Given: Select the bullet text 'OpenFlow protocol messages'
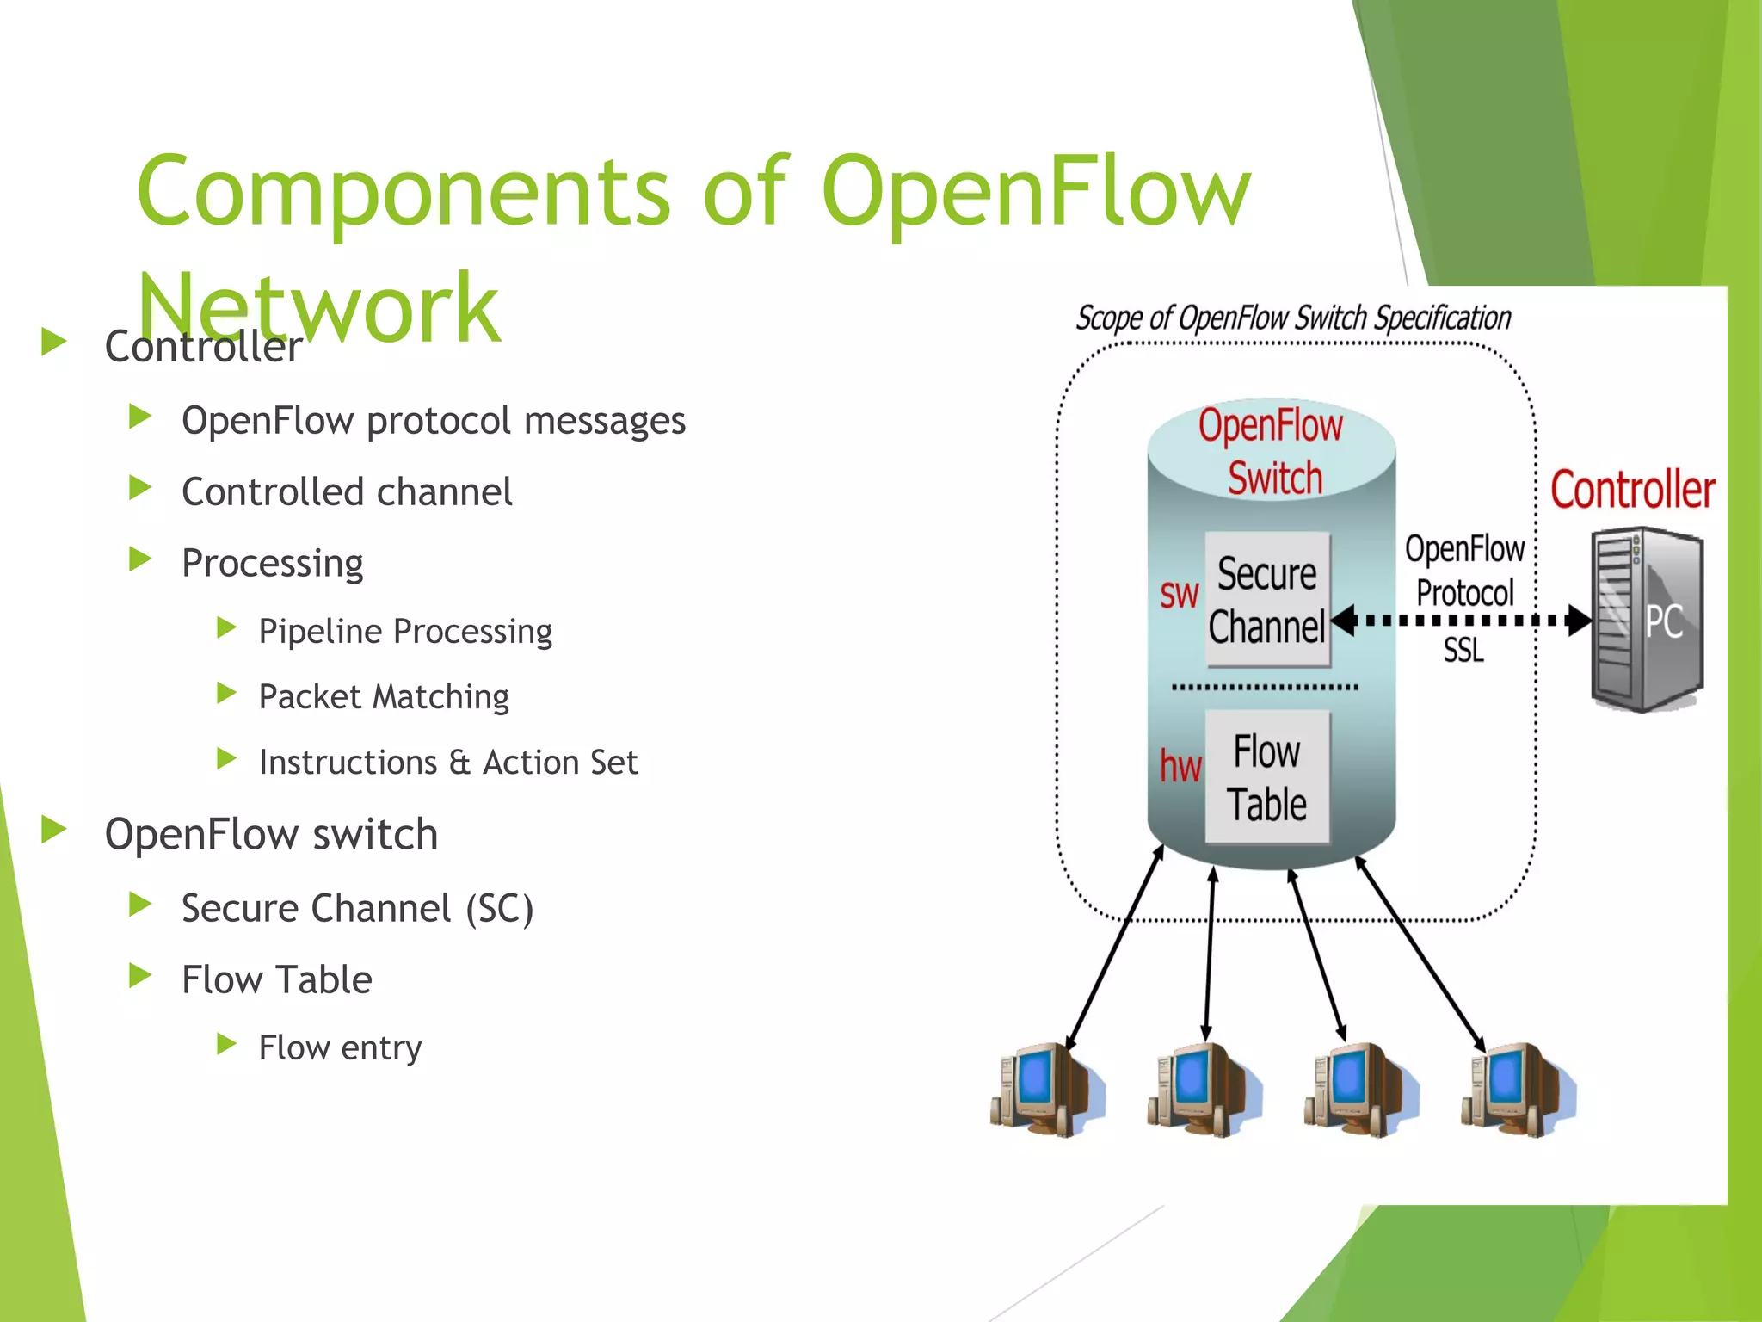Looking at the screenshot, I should [x=433, y=421].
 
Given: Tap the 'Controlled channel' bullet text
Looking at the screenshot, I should [x=347, y=492].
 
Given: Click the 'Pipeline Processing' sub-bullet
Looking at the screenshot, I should [x=405, y=632].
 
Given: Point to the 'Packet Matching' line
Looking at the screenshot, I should [x=384, y=697].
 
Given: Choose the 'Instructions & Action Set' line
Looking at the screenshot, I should [x=448, y=763].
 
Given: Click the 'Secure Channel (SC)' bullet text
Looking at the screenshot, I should [x=357, y=909].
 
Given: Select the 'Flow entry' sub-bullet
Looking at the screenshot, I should [x=340, y=1048].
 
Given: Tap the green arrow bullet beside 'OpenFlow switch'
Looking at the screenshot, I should [x=54, y=831].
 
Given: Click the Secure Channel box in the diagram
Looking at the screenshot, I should [x=1267, y=600].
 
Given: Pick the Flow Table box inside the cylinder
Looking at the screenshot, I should [x=1267, y=777].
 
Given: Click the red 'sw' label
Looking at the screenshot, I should [x=1179, y=594].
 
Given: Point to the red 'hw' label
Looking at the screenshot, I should [x=1180, y=765].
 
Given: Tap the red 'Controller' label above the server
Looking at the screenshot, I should [x=1632, y=490].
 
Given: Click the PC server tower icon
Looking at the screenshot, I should [x=1646, y=621].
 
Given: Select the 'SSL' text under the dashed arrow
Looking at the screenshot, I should [x=1463, y=650].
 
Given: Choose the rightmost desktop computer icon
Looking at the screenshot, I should [x=1518, y=1089].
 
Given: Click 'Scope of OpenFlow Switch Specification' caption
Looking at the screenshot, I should [x=1293, y=318].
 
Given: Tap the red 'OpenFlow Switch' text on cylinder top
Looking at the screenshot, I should [x=1272, y=452].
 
